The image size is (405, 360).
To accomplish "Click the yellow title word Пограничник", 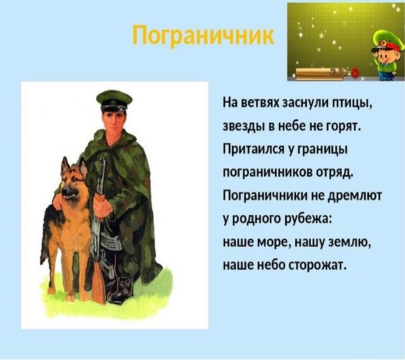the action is click(204, 35).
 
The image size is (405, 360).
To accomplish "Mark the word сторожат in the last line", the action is click(317, 266).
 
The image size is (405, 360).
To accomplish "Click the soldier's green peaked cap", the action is click(115, 100).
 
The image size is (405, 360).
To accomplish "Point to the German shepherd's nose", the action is click(65, 192).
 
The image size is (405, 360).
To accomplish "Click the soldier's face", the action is click(113, 121).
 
